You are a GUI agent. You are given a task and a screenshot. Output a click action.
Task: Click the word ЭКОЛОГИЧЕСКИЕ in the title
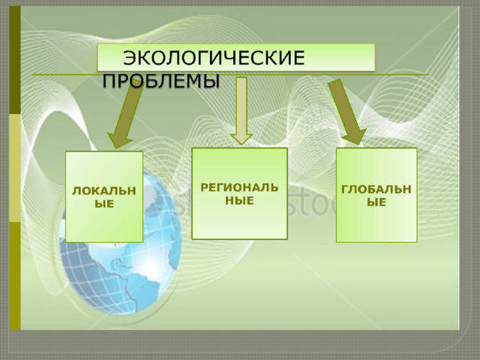[214, 58]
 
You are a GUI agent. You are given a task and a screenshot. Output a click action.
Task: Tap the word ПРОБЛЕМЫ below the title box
[161, 81]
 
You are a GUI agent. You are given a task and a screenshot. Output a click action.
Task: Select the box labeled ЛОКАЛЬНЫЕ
[104, 196]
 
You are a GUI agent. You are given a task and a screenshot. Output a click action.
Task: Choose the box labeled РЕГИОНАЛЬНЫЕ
[239, 193]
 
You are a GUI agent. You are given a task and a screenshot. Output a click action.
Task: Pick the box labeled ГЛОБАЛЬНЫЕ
[376, 195]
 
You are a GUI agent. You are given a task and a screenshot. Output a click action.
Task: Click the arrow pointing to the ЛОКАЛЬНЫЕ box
[125, 115]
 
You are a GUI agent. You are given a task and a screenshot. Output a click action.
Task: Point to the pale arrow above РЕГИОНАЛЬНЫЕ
[241, 111]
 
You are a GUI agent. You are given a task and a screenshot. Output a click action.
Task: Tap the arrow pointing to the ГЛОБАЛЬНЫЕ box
[346, 112]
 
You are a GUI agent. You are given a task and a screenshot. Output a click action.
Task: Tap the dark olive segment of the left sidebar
[15, 60]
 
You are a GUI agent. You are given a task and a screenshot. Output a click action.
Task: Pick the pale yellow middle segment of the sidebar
[15, 168]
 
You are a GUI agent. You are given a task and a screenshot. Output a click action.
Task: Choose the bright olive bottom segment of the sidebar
[15, 276]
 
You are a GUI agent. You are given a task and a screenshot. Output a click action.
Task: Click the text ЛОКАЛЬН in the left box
[104, 190]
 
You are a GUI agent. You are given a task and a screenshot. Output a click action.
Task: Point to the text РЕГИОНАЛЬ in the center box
[239, 187]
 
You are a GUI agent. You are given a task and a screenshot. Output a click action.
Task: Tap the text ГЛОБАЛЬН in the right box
[376, 189]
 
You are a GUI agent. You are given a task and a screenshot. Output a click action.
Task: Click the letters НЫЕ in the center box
[239, 200]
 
